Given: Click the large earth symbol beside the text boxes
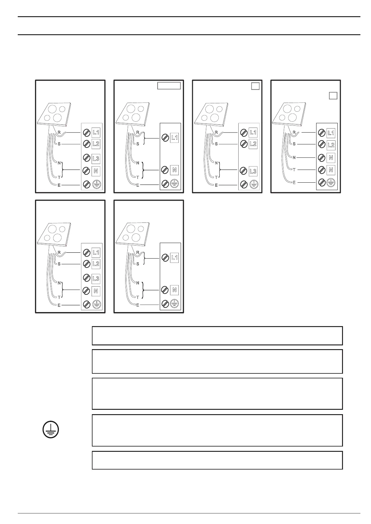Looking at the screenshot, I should (x=50, y=430).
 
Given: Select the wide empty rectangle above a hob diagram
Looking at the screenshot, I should (x=169, y=86).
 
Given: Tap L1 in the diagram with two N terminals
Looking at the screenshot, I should (x=331, y=133).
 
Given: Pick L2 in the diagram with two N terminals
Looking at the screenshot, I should (x=331, y=145).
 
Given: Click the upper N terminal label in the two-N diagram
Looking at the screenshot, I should (x=331, y=158).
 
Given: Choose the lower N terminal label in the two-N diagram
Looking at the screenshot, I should (x=331, y=170).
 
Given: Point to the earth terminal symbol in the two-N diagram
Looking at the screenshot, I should (x=331, y=183).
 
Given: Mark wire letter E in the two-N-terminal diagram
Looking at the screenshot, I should (x=294, y=183).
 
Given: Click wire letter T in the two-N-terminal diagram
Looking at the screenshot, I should (x=294, y=170).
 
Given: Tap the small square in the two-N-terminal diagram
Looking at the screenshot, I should (x=333, y=96).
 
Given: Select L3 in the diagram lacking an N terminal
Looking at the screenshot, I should (x=253, y=171).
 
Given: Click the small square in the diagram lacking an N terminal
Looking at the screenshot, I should (x=255, y=86).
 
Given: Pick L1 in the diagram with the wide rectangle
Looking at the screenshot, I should (x=174, y=138).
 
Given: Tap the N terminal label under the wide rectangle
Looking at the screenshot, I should (x=174, y=170).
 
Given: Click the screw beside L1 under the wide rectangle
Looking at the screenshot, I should (x=165, y=138).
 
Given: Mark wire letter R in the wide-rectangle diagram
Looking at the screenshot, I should (x=138, y=132).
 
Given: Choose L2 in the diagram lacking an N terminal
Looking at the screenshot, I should (x=253, y=144).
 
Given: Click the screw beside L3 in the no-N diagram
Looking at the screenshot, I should (x=244, y=171).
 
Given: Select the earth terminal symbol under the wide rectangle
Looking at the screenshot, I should (x=174, y=184).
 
